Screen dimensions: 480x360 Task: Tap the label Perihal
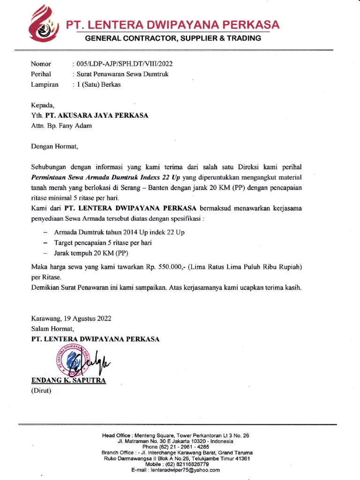click(41, 74)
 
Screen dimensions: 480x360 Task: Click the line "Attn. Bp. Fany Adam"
click(61, 126)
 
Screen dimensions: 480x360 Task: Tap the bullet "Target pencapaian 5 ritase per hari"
click(103, 243)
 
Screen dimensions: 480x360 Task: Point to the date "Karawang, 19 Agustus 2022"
click(71, 318)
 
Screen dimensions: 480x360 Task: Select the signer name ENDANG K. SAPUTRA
click(68, 380)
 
